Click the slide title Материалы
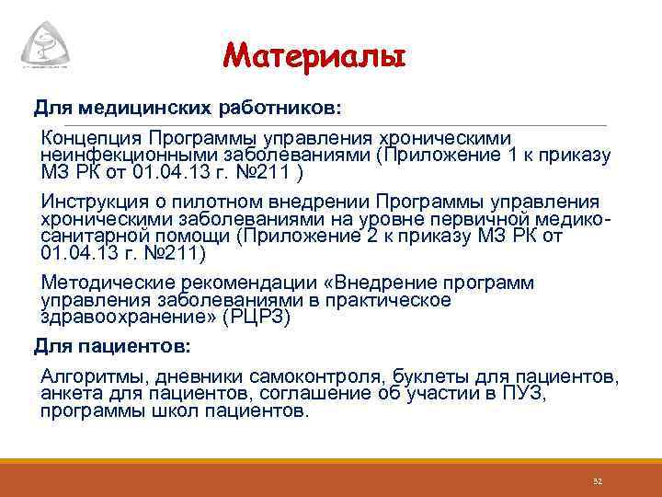pyautogui.click(x=313, y=58)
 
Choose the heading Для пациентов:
pyautogui.click(x=112, y=347)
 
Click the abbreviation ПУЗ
pyautogui.click(x=522, y=394)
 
